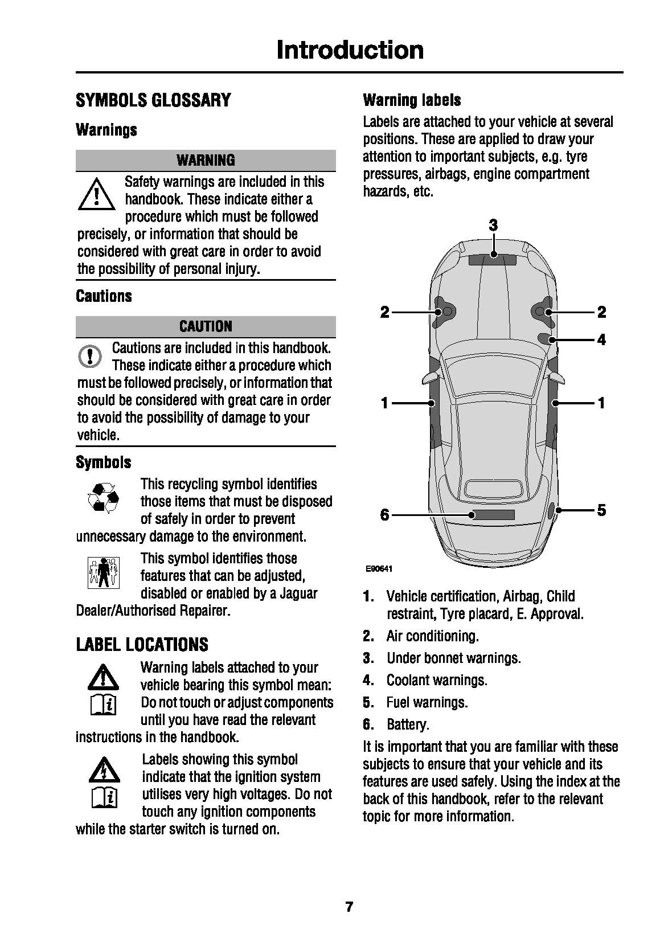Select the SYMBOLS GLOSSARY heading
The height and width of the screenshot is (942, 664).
153,100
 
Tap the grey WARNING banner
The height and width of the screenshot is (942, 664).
206,160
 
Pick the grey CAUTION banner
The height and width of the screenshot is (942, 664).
206,326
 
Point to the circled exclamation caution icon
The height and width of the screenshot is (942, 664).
89,356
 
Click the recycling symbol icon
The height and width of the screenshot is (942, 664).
103,497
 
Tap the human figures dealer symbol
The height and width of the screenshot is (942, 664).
104,572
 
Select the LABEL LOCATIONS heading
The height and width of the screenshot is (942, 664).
142,645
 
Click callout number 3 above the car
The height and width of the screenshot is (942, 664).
493,226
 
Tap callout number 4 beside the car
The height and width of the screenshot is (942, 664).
601,340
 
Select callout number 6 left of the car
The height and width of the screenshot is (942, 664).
385,515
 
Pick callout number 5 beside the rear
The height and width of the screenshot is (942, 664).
601,510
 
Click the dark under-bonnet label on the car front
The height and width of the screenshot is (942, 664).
492,260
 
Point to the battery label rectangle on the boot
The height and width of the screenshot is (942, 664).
493,515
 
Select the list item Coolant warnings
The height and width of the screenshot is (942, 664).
436,680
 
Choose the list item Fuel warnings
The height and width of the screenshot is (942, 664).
427,702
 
